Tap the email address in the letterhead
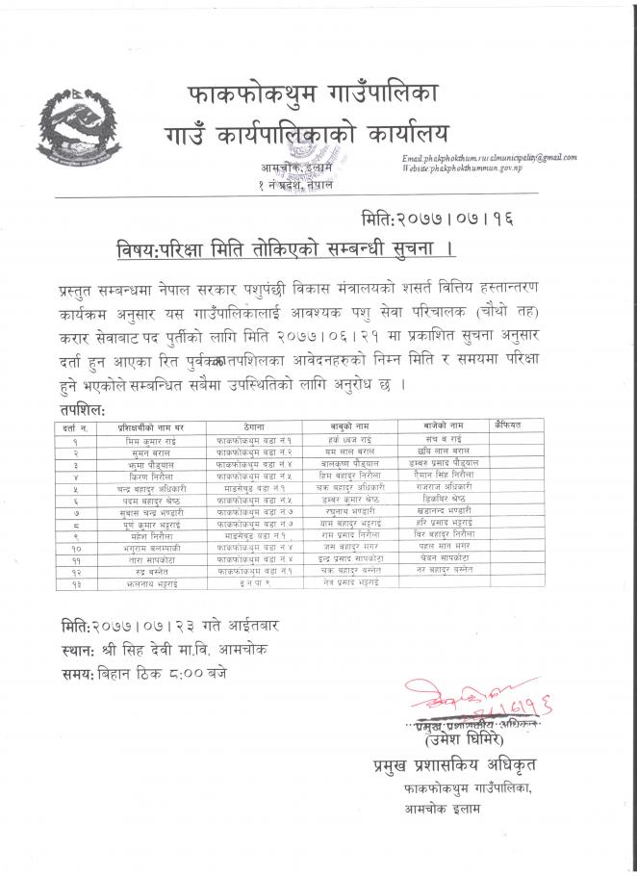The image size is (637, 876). click(490, 157)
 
